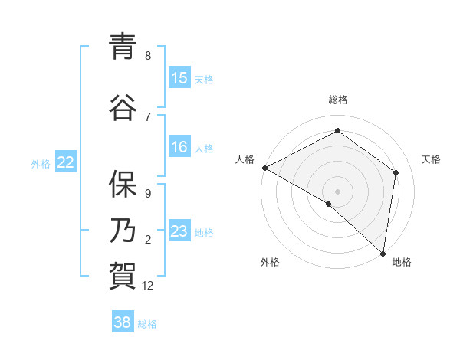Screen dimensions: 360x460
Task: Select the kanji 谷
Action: [123, 107]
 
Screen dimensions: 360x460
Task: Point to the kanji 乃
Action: [123, 231]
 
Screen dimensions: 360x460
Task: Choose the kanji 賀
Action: [123, 277]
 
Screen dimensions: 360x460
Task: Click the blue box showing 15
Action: [179, 78]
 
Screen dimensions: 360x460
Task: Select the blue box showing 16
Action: [179, 147]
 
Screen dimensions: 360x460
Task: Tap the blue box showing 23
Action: [179, 231]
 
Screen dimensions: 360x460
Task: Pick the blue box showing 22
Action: [66, 162]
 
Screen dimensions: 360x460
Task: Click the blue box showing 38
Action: [123, 322]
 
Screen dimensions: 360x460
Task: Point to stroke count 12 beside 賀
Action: [149, 286]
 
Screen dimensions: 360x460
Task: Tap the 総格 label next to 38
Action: [147, 324]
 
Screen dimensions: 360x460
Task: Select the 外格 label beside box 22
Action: [41, 163]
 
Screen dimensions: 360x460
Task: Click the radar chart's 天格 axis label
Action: [431, 159]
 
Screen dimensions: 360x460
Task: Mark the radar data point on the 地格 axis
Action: [383, 254]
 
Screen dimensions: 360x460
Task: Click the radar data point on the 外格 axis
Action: [329, 204]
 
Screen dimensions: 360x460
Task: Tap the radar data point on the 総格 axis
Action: [337, 130]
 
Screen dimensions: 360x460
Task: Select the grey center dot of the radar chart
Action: [337, 191]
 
